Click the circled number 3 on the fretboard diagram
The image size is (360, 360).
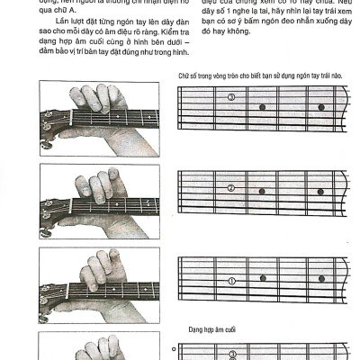(231, 97)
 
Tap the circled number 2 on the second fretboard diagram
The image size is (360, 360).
(231, 188)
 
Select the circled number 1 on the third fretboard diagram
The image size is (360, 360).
(231, 280)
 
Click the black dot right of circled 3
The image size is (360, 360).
(263, 106)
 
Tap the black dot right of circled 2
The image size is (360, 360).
(263, 193)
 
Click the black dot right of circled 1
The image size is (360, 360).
(263, 280)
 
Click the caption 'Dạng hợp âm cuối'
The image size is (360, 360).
(211, 330)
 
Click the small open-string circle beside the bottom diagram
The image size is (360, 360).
(172, 346)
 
